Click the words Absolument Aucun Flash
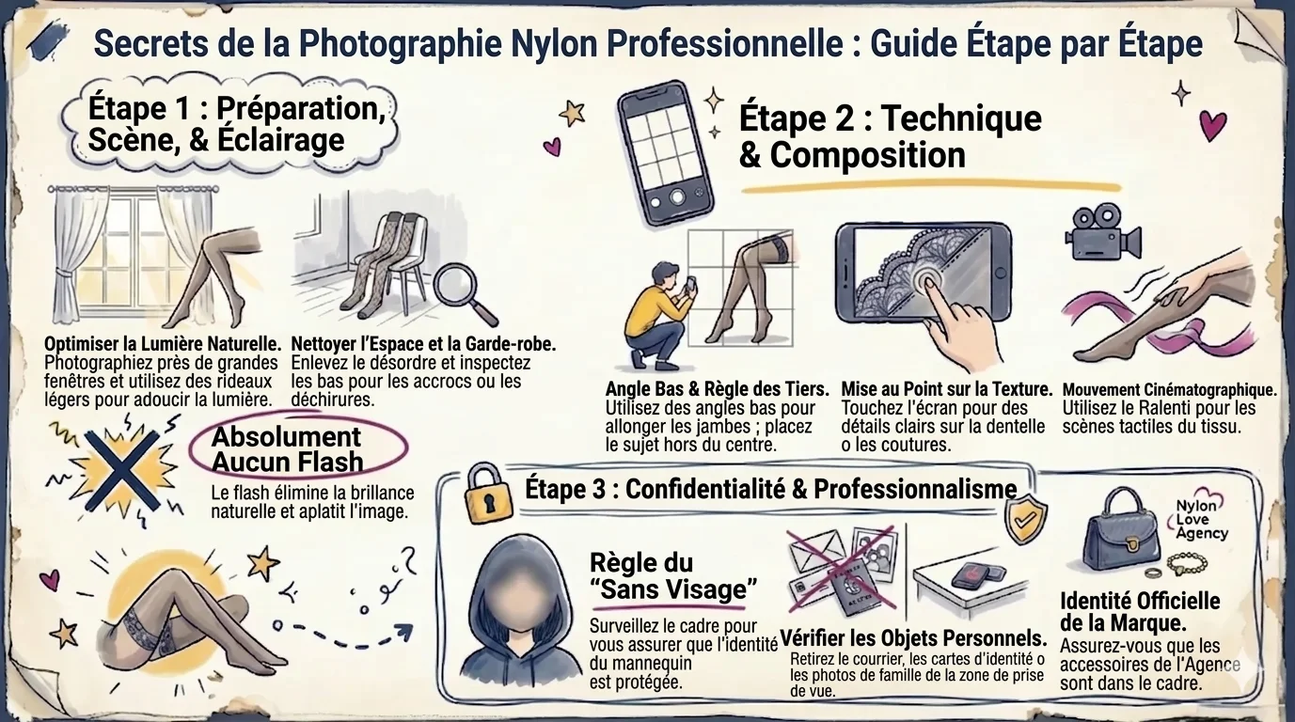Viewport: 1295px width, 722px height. pos(287,448)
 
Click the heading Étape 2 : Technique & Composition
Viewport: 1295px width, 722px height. pos(890,136)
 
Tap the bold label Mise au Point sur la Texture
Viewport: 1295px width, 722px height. pos(946,389)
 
